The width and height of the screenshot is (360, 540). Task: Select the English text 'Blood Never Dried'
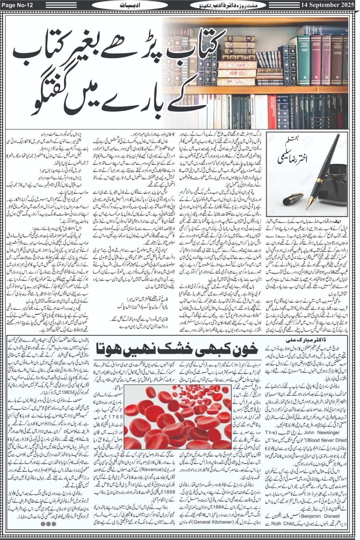pos(327,440)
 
